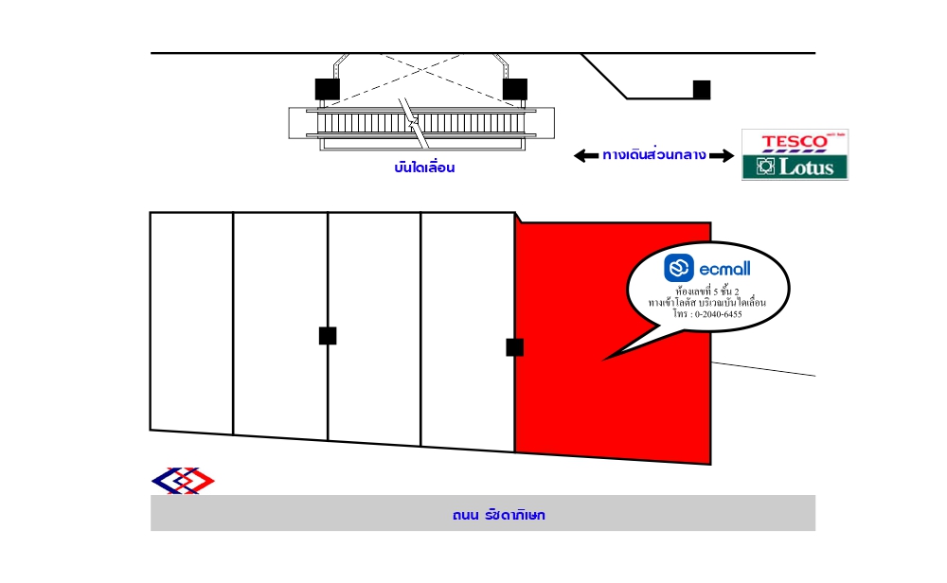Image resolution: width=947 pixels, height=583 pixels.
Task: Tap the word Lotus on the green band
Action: tap(806, 167)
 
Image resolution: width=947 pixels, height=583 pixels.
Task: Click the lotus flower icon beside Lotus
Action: tap(765, 166)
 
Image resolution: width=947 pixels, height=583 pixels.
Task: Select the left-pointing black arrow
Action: tap(586, 156)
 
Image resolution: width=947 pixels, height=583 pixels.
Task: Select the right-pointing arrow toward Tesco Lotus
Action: tap(722, 156)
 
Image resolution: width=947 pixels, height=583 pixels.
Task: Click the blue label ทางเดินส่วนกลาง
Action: tap(654, 154)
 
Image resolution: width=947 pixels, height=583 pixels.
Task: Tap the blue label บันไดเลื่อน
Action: tap(424, 168)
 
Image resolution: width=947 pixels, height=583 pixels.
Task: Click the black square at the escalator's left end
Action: tap(328, 89)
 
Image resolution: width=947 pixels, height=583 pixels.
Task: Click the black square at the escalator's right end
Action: tap(515, 89)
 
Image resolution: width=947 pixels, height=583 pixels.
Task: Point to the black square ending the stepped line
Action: tap(701, 90)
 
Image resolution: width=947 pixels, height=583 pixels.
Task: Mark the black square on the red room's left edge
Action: tap(514, 347)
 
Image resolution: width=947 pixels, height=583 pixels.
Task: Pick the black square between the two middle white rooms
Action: tap(328, 336)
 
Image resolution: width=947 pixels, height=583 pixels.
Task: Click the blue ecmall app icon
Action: tap(679, 268)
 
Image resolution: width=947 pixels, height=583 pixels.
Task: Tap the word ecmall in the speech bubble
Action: tap(724, 269)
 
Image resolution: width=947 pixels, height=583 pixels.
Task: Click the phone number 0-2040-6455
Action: tap(718, 314)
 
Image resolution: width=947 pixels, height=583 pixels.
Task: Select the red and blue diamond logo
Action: tap(183, 481)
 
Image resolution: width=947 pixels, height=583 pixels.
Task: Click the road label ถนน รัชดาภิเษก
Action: tap(499, 515)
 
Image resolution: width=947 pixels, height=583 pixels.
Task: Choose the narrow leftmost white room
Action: tap(191, 323)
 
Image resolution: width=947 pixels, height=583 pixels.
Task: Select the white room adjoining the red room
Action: tap(468, 330)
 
